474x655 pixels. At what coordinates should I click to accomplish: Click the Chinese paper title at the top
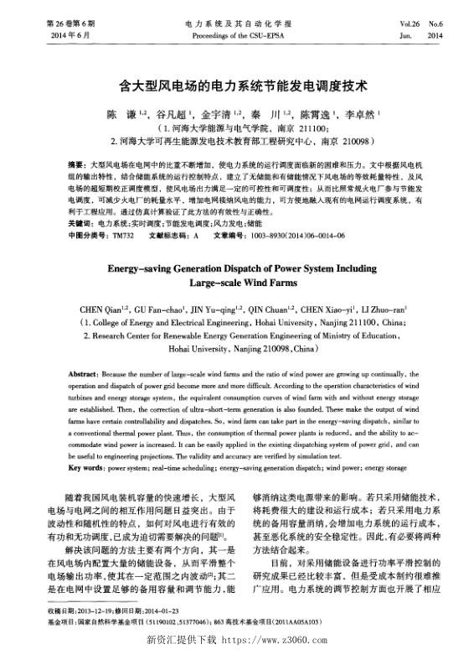coord(237,86)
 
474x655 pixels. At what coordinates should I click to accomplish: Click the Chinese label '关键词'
coord(79,225)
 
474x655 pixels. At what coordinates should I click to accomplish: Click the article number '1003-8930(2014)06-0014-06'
coord(286,236)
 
